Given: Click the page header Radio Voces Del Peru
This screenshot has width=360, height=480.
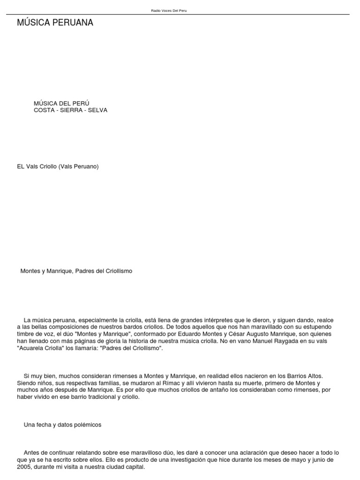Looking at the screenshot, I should pos(169,10).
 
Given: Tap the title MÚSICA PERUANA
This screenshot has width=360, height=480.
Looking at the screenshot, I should pos(55,23).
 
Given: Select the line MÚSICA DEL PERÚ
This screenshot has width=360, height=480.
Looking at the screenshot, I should pos(61,103).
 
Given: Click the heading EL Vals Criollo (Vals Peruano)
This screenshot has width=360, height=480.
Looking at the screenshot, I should pos(58,166).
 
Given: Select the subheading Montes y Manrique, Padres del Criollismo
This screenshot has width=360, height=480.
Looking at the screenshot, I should pos(76,271).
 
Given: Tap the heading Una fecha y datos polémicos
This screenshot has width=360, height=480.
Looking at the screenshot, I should pos(62,425).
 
